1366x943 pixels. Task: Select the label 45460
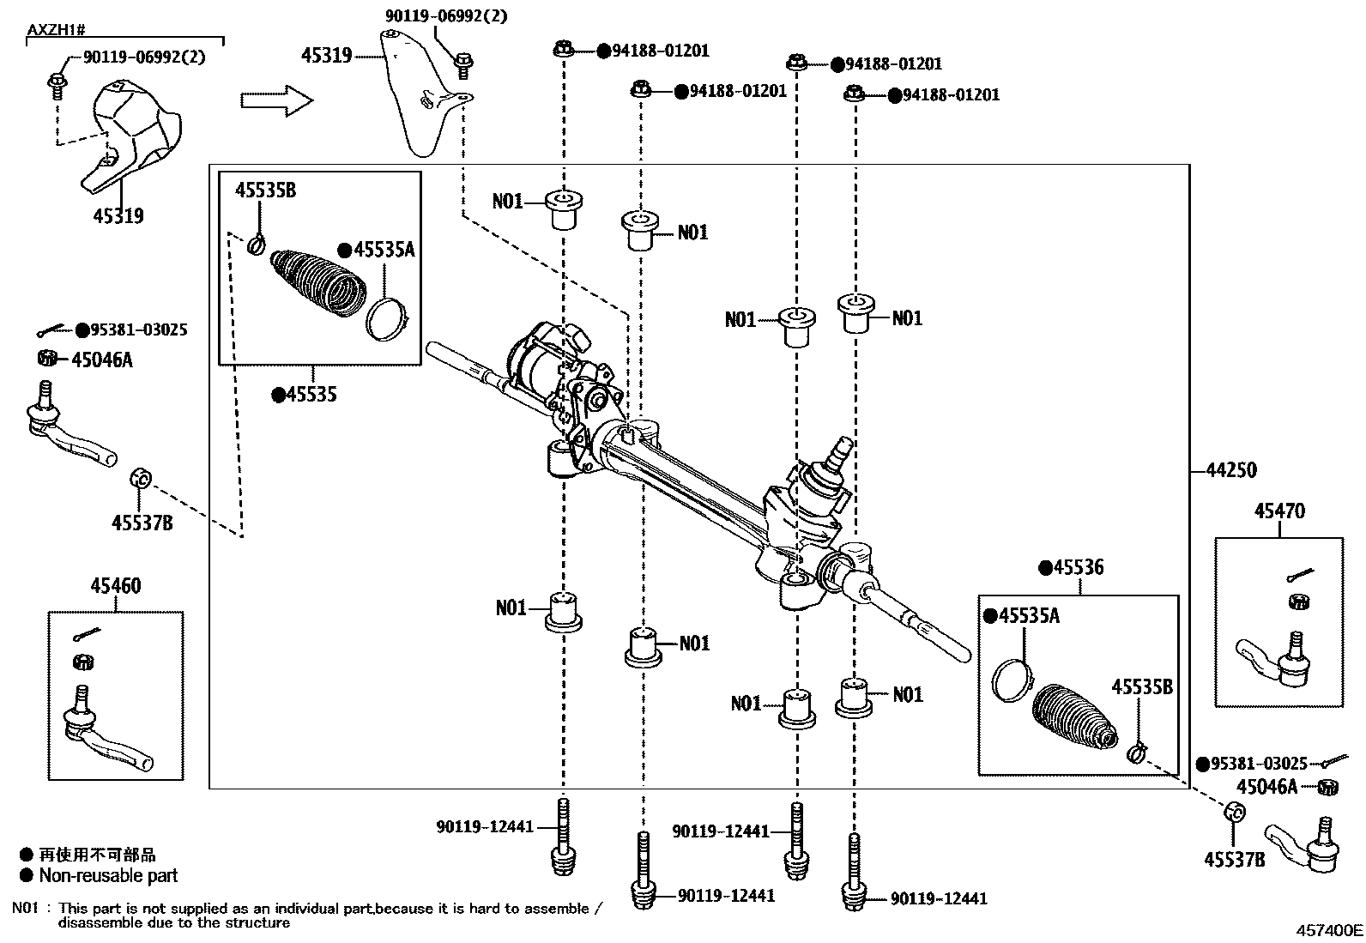tap(116, 586)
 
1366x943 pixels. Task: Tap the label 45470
tap(1278, 511)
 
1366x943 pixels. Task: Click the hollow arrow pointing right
tap(276, 100)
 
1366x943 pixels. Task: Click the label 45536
tap(1078, 568)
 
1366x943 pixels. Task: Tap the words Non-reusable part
tap(108, 876)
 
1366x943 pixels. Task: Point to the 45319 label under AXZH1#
tap(118, 216)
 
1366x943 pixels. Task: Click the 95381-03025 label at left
tap(139, 330)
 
